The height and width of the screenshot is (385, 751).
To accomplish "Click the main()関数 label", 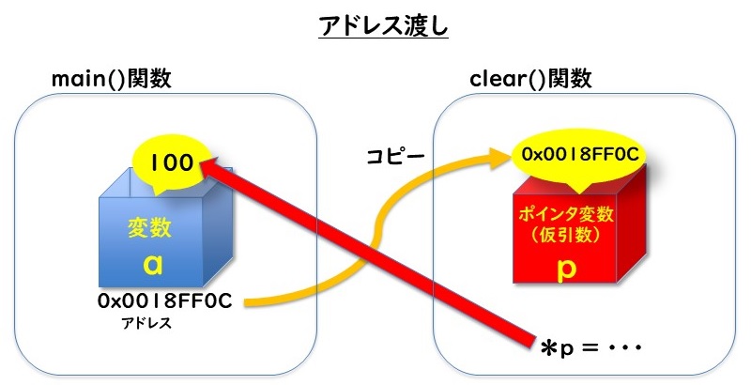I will (x=111, y=79).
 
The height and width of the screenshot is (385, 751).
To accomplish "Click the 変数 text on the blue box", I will (x=146, y=228).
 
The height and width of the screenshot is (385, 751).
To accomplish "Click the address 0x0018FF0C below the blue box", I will (x=164, y=301).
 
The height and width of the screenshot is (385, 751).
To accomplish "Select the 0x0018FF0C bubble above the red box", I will (x=581, y=153).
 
